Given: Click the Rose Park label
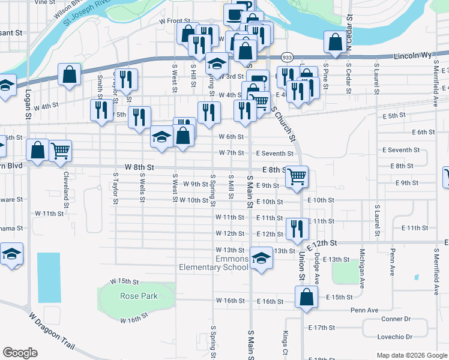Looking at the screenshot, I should [138, 296].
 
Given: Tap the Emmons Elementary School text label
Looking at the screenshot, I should [214, 263].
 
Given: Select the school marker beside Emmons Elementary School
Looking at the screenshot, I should [261, 259].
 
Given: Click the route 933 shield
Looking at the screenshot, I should [288, 58].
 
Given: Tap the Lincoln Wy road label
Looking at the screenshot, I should [413, 55].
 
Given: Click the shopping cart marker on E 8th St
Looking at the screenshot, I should [297, 176].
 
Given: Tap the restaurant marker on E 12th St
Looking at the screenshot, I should [297, 229].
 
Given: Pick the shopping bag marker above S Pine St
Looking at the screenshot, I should [336, 41].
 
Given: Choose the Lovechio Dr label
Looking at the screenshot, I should [395, 337].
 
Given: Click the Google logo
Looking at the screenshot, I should [20, 353].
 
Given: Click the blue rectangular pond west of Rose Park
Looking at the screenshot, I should [49, 277].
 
